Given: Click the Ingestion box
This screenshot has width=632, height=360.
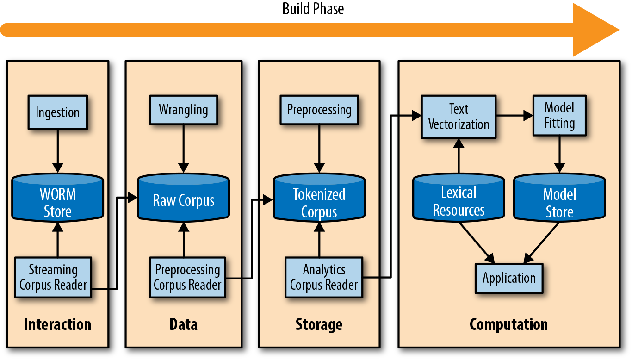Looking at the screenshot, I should click(57, 112).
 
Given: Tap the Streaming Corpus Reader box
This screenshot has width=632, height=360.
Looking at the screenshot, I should click(53, 277).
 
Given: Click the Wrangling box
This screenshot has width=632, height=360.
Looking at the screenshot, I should click(183, 110).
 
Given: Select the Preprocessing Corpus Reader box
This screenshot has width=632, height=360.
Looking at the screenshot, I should click(187, 277).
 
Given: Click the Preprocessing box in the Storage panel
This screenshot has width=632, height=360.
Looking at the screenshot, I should click(319, 110).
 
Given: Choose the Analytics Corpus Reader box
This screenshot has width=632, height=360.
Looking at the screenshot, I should click(324, 277).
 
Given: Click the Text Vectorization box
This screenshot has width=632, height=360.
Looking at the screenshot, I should click(459, 117).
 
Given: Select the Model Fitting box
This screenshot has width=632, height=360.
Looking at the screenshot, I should click(559, 115).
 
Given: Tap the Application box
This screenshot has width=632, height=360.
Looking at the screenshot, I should click(509, 278).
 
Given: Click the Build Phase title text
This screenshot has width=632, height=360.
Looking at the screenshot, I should click(313, 9).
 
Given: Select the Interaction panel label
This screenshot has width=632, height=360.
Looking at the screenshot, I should click(57, 324).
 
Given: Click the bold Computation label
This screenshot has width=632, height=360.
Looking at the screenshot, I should click(508, 324).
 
